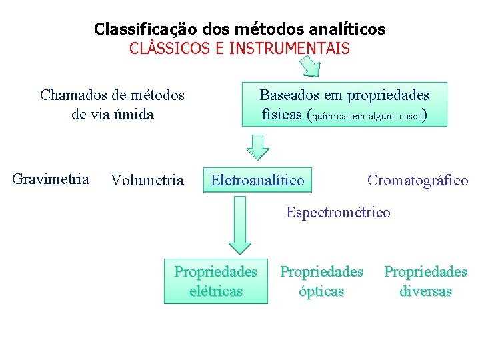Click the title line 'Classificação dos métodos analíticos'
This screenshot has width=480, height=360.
tap(239, 29)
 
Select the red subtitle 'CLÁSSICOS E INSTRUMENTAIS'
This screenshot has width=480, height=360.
tap(239, 49)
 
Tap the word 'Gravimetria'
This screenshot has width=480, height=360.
tap(51, 179)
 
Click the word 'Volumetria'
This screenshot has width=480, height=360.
tap(147, 180)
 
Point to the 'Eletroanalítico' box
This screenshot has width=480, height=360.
tap(257, 180)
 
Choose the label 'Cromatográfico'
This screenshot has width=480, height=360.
tap(418, 180)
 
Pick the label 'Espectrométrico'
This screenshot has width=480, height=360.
tap(338, 213)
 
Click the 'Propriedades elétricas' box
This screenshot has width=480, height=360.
tap(215, 281)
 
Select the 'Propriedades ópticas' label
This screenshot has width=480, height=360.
tap(321, 281)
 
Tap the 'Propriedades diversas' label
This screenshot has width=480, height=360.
tap(425, 281)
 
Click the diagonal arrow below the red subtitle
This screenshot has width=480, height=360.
tap(309, 66)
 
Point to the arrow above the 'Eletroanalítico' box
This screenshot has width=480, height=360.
tap(257, 145)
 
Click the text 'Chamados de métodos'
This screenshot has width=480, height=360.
tap(112, 95)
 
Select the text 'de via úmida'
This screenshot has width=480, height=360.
tap(112, 114)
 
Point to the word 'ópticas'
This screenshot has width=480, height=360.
tap(321, 291)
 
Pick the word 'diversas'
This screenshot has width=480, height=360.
tap(425, 291)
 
